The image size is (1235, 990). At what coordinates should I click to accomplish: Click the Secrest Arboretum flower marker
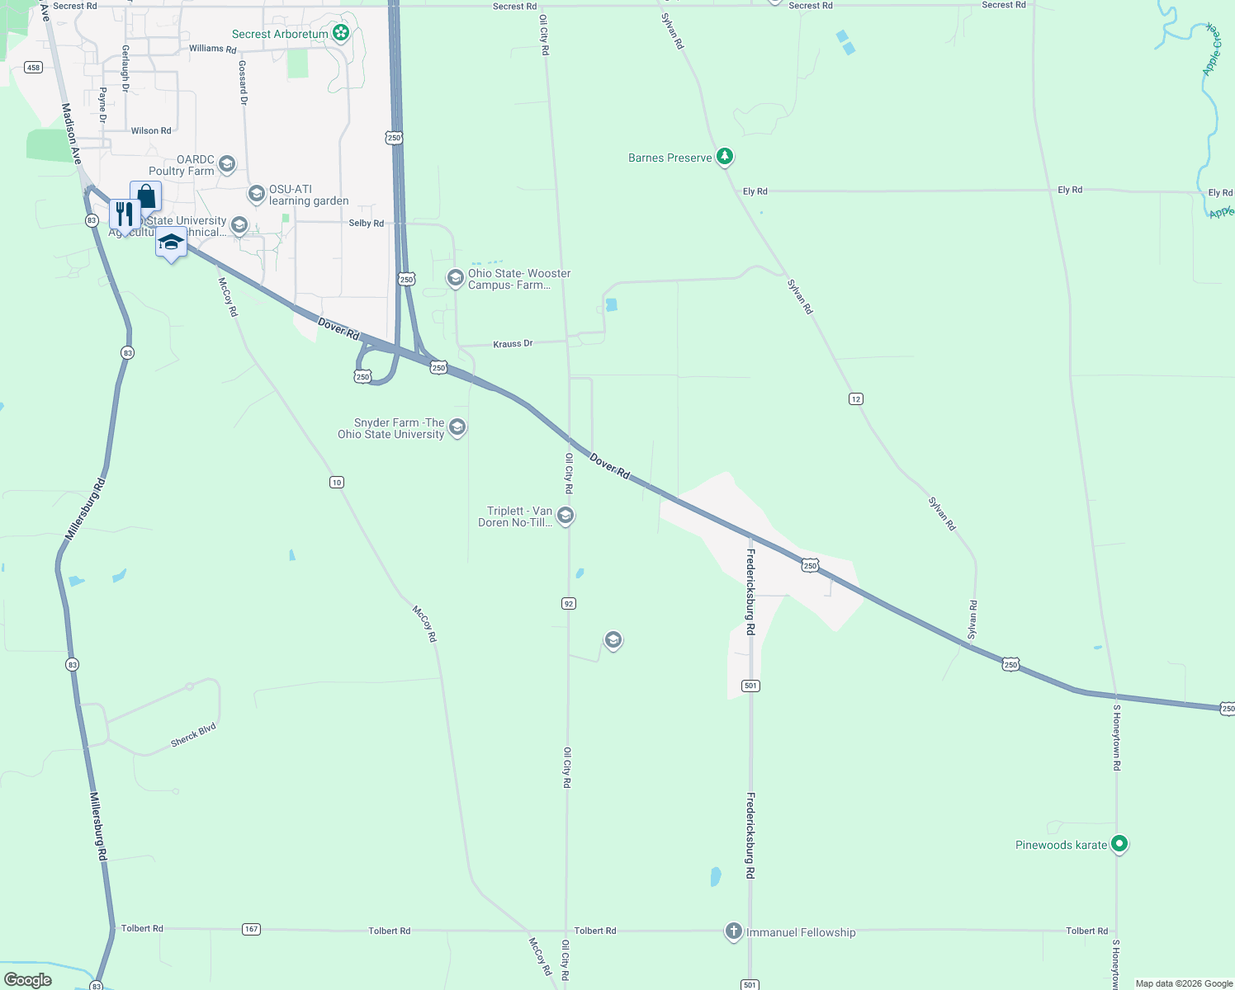(x=340, y=33)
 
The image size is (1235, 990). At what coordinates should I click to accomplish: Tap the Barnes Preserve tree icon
(x=725, y=156)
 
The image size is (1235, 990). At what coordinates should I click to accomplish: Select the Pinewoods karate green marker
(x=1119, y=844)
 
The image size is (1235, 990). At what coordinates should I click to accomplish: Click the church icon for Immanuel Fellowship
(x=733, y=931)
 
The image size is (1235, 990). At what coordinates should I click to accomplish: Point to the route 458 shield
(x=33, y=68)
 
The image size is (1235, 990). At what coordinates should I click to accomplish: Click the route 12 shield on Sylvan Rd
(x=856, y=399)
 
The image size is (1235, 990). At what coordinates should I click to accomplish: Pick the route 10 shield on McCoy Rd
(x=337, y=483)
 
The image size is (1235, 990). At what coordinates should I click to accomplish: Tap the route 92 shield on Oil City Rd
(x=568, y=604)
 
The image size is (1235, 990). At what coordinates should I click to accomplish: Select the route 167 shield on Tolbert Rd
(x=252, y=929)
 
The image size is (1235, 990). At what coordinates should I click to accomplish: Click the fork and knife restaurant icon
(x=124, y=214)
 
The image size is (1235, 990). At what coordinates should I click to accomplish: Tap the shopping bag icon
(x=146, y=196)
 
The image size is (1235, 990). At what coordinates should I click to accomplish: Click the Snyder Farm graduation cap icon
(x=457, y=427)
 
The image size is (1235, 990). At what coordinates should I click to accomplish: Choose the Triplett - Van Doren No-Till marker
(x=565, y=516)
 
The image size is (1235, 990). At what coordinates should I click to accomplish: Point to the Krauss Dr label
(x=513, y=344)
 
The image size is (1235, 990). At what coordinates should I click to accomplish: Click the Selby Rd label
(x=366, y=224)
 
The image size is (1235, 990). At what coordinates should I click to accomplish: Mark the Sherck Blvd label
(x=193, y=735)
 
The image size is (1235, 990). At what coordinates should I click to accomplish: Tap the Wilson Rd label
(x=151, y=131)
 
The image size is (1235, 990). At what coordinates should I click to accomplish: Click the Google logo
(x=28, y=980)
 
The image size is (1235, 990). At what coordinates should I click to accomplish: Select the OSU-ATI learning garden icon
(x=257, y=195)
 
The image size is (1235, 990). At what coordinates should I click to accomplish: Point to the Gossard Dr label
(x=243, y=82)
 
